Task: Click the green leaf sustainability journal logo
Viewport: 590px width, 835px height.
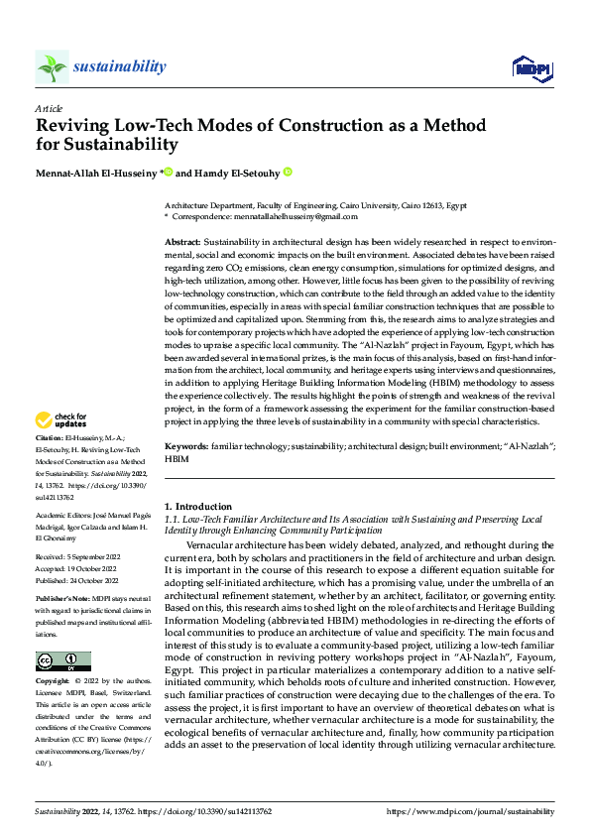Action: [53, 66]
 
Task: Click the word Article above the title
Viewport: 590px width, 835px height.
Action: [49, 108]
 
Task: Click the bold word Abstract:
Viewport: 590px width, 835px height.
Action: [185, 243]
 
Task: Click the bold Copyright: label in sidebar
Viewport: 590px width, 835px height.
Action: [53, 683]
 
